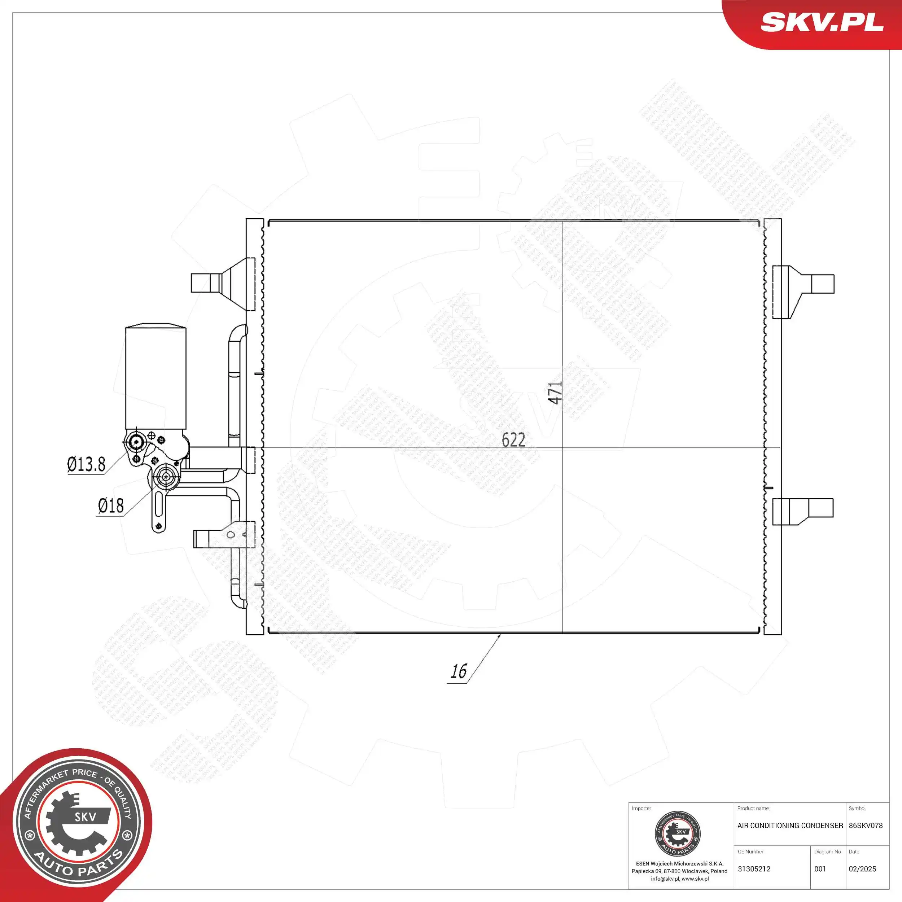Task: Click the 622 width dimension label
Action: [513, 440]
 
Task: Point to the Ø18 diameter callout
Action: [111, 505]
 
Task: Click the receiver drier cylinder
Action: [156, 376]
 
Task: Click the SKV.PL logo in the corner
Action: [822, 22]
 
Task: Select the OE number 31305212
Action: [754, 869]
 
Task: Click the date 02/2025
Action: [862, 869]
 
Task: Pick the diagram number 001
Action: [820, 869]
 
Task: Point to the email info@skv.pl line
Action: [679, 879]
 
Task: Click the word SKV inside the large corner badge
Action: [86, 816]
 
